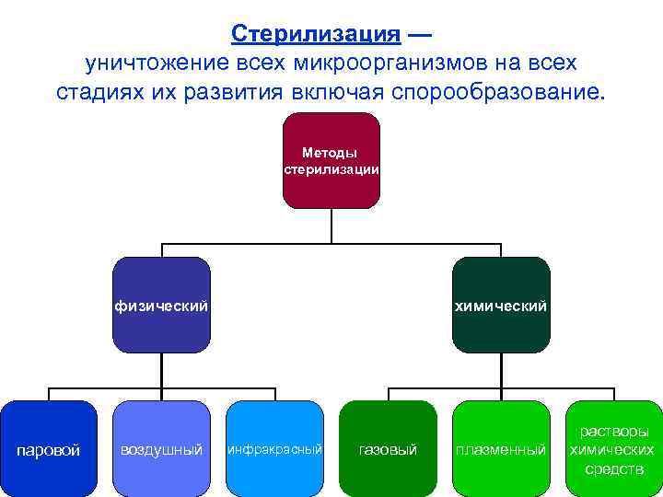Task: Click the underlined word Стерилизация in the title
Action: pos(316,34)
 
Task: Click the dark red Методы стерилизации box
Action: pos(331,161)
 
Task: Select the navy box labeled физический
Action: pos(161,305)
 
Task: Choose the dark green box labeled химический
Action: pos(501,305)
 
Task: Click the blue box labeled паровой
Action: pos(50,448)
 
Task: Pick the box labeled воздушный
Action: pos(161,448)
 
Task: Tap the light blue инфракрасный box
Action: pos(274,448)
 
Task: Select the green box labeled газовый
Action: pos(388,448)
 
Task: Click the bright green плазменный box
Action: pos(501,448)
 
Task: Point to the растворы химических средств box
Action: pos(612,448)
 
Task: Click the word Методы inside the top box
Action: pos(330,153)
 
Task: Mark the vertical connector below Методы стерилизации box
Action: pos(331,226)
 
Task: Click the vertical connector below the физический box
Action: pos(162,368)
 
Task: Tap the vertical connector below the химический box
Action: pos(501,368)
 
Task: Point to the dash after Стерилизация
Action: pos(419,35)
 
